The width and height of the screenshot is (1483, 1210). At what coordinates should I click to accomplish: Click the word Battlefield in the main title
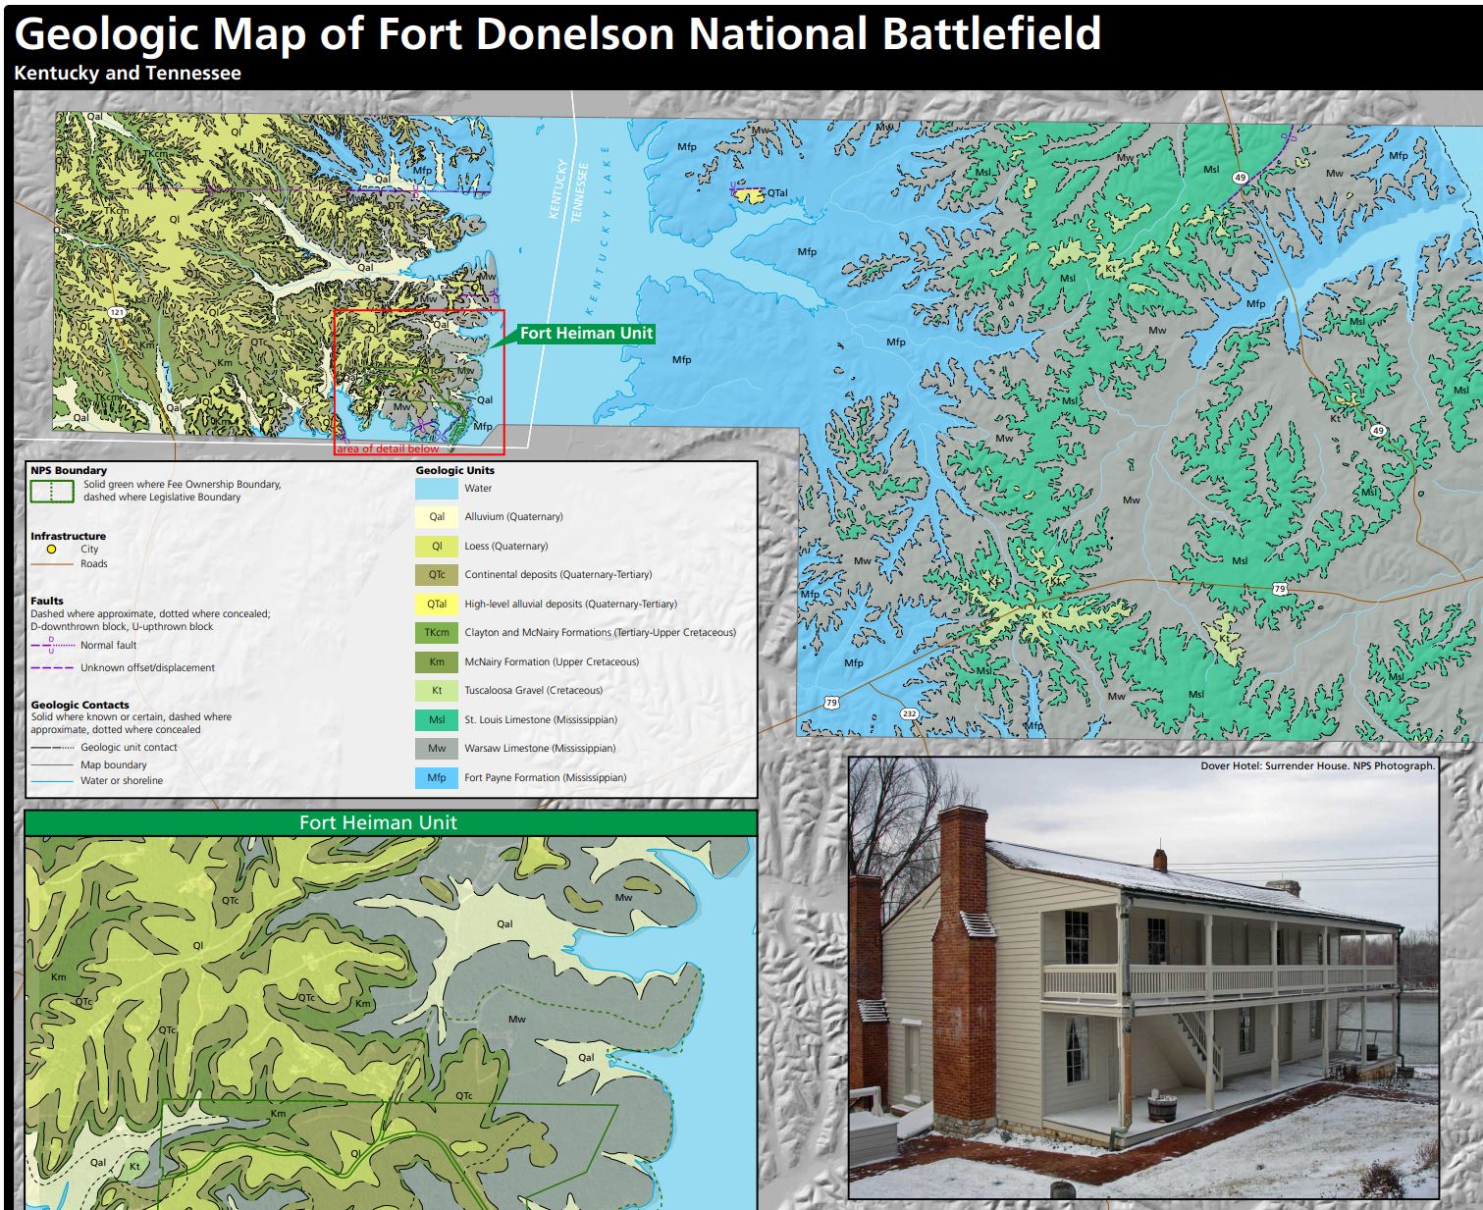990,34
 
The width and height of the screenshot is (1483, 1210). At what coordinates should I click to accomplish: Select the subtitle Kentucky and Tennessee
128,74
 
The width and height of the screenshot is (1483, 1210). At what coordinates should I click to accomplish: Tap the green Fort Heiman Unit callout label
586,334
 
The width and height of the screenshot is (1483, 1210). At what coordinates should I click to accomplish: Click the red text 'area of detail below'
388,449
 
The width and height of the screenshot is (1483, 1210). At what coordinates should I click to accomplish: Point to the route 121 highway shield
117,313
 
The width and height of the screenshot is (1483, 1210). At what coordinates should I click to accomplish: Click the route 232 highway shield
909,713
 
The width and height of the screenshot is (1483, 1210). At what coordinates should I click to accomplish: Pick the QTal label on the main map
777,193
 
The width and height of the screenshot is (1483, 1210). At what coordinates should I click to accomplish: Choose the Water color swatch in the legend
437,488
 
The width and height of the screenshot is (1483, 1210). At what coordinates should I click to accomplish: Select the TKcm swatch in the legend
437,633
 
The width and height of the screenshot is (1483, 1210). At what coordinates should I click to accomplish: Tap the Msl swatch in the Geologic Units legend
437,719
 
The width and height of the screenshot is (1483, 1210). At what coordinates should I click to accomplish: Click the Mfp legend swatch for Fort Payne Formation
437,777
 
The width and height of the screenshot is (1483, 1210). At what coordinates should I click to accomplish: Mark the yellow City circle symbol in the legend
51,550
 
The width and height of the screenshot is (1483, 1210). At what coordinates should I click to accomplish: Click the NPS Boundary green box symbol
51,491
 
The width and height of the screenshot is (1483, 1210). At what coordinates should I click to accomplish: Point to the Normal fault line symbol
52,645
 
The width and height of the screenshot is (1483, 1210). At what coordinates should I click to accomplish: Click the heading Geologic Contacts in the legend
79,705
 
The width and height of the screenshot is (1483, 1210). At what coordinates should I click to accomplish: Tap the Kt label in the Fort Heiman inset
135,1167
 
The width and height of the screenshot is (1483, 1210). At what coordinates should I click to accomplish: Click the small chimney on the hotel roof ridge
1160,860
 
